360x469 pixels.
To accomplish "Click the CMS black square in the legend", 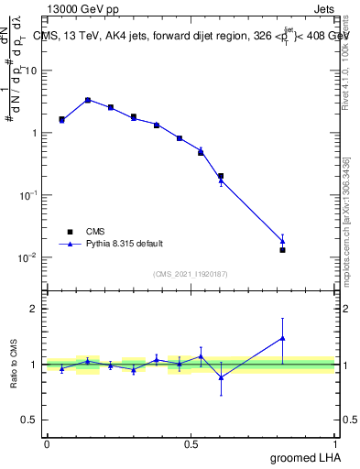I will (x=68, y=232).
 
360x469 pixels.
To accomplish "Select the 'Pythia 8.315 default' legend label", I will (x=125, y=244).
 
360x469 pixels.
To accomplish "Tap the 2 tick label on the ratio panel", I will (x=35, y=309).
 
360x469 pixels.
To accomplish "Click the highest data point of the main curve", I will (x=88, y=100).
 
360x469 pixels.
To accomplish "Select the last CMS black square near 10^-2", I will (x=283, y=250).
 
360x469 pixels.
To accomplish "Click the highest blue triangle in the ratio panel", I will (x=283, y=338).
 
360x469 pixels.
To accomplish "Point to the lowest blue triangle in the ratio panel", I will (x=221, y=376).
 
